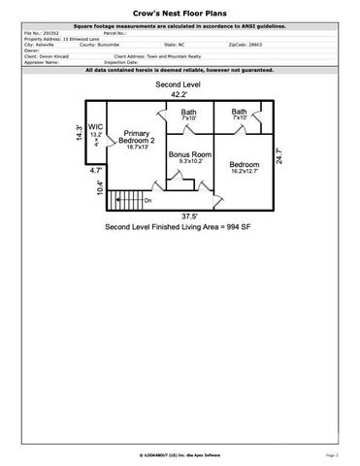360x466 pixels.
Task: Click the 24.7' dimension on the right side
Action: click(278, 155)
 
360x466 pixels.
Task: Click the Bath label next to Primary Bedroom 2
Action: click(188, 115)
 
